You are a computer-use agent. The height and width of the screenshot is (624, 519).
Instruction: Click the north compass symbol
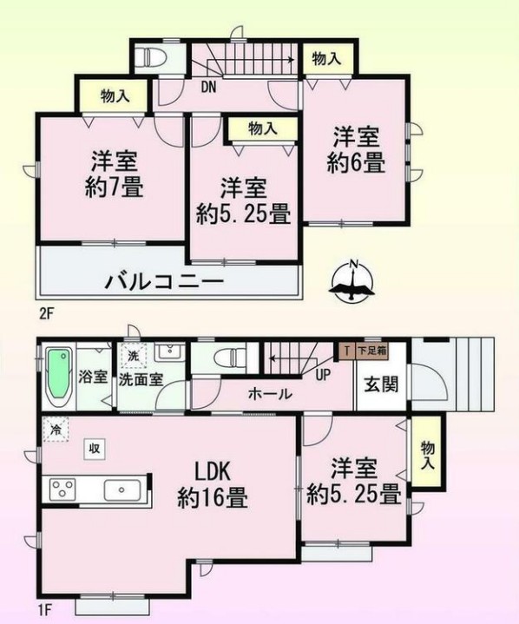pyautogui.click(x=352, y=280)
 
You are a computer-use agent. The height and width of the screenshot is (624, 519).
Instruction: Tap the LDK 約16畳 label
pyautogui.click(x=213, y=485)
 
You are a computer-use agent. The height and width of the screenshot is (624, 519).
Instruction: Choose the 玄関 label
pyautogui.click(x=381, y=384)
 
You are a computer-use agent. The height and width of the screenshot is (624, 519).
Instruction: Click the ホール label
pyautogui.click(x=270, y=394)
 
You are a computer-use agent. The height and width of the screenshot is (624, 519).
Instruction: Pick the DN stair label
pyautogui.click(x=208, y=88)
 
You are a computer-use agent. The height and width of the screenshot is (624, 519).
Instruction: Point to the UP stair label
pyautogui.click(x=323, y=374)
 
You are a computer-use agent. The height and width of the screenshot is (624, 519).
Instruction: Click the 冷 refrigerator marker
pyautogui.click(x=56, y=429)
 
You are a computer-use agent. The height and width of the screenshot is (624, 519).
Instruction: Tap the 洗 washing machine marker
pyautogui.click(x=134, y=355)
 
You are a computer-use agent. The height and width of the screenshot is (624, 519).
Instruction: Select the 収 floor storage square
pyautogui.click(x=95, y=450)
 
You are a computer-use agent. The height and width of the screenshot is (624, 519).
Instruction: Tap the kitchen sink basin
pyautogui.click(x=122, y=489)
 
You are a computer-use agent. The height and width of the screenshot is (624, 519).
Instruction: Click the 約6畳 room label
pyautogui.click(x=356, y=162)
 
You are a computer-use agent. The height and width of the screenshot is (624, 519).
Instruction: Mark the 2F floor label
pyautogui.click(x=46, y=314)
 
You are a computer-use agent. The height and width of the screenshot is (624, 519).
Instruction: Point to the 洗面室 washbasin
pyautogui.click(x=169, y=351)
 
